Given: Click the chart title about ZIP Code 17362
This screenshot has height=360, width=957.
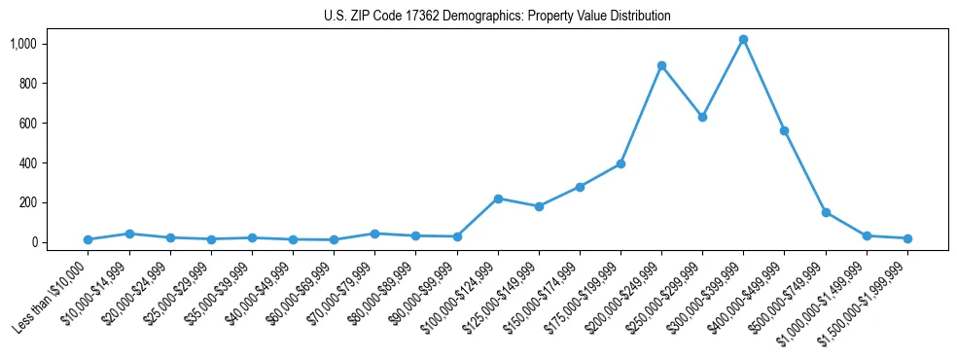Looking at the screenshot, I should [497, 17].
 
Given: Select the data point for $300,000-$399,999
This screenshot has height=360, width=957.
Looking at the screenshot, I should [743, 40].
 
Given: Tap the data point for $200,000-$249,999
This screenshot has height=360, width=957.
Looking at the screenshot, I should [661, 66].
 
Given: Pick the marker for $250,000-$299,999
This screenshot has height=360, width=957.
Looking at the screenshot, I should [702, 117].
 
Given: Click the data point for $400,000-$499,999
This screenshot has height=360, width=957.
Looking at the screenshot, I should [784, 130].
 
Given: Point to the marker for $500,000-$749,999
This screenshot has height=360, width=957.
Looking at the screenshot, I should [826, 212].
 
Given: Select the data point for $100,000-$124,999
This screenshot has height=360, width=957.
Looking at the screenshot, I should [498, 198].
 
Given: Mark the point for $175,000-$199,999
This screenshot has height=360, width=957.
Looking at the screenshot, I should [620, 163].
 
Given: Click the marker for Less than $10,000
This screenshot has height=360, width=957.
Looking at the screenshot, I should [89, 239].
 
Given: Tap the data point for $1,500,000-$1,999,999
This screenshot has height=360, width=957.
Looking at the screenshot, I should [907, 238].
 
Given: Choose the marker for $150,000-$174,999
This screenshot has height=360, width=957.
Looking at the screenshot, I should [580, 187].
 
